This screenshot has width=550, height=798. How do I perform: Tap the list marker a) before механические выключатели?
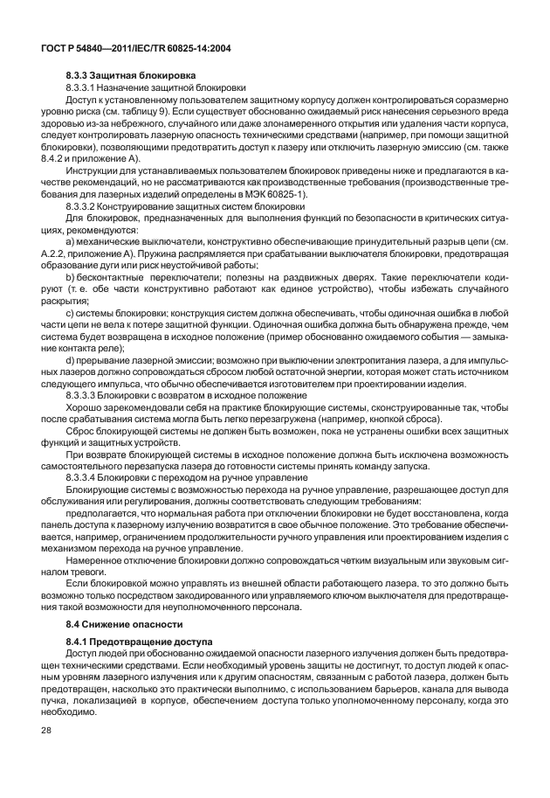tap(70, 241)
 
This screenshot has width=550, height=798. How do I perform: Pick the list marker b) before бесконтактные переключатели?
tap(70, 276)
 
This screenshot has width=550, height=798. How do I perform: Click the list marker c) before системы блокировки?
tap(70, 312)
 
